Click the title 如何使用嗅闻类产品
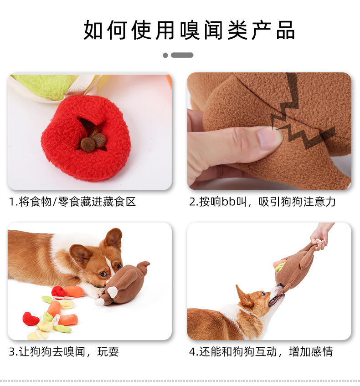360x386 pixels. point(189,30)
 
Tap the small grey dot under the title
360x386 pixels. point(165,55)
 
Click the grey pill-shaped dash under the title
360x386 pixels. point(182,55)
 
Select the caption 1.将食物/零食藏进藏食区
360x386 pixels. point(72,202)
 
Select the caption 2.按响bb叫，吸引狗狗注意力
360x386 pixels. point(262,202)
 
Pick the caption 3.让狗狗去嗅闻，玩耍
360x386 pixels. point(64,352)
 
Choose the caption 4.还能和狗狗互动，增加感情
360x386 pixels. point(261,352)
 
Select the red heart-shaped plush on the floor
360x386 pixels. point(31,319)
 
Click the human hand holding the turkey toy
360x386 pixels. point(322,235)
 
